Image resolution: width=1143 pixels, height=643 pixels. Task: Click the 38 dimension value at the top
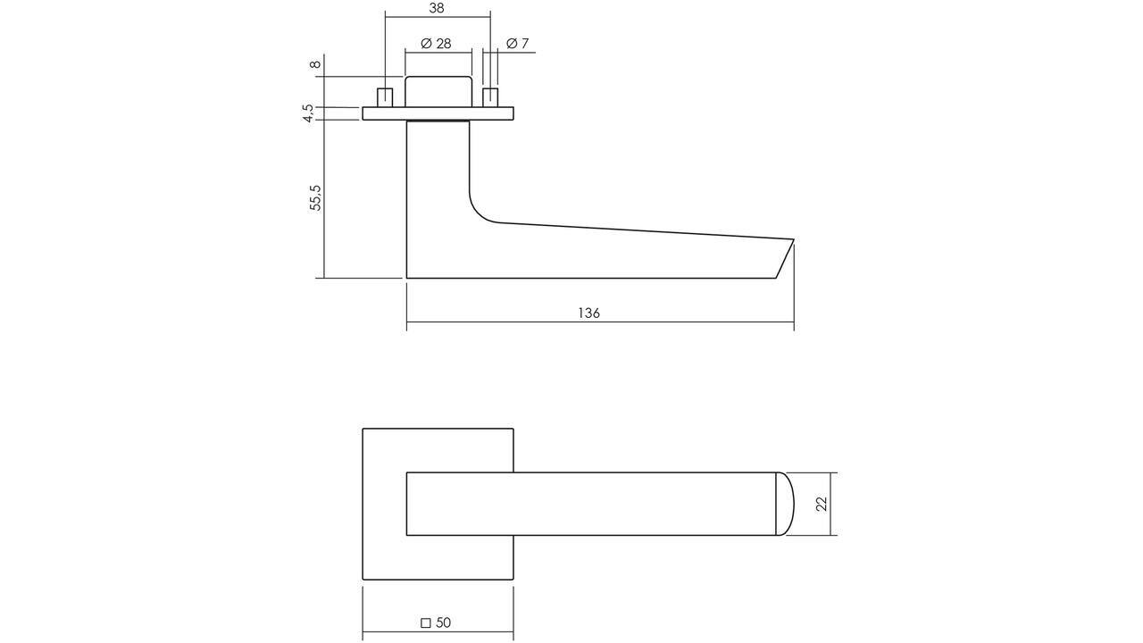coord(437,8)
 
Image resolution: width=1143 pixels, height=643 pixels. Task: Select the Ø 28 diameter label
coord(436,44)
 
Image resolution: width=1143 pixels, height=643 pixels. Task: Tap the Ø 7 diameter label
coord(518,44)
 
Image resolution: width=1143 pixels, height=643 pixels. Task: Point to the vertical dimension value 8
coord(314,64)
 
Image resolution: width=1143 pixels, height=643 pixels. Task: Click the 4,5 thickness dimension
coord(309,113)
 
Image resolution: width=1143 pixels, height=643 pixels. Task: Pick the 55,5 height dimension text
coord(315,197)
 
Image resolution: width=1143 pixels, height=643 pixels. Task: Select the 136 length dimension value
coord(588,313)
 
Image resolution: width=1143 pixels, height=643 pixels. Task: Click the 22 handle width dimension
coord(822,504)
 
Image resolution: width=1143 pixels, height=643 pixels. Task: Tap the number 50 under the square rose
coord(444,622)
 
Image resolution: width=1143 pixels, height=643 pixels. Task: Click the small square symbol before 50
coord(425,622)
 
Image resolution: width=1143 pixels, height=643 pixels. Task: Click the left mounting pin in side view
coord(386,97)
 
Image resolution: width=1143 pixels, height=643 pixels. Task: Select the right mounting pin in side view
coord(489,97)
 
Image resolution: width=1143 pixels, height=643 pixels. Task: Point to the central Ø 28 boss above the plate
coord(438,92)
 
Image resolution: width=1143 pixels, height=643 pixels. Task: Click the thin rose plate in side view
coord(438,113)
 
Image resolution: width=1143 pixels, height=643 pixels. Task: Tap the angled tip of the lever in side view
coord(784,259)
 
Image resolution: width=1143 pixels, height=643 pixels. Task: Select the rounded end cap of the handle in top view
coord(784,504)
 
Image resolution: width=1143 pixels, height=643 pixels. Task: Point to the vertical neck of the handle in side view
coord(438,179)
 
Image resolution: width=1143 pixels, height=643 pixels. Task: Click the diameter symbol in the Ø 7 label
coord(512,44)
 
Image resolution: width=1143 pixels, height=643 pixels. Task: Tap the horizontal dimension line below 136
coord(600,322)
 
